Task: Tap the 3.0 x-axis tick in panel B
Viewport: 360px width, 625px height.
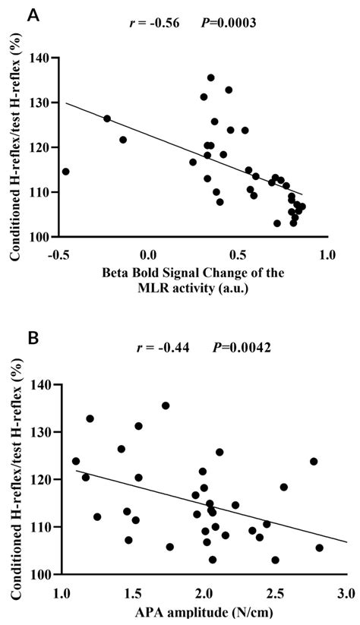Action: click(x=345, y=592)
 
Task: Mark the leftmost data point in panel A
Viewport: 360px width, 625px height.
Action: click(x=65, y=172)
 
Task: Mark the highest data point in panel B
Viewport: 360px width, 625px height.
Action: click(x=166, y=406)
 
